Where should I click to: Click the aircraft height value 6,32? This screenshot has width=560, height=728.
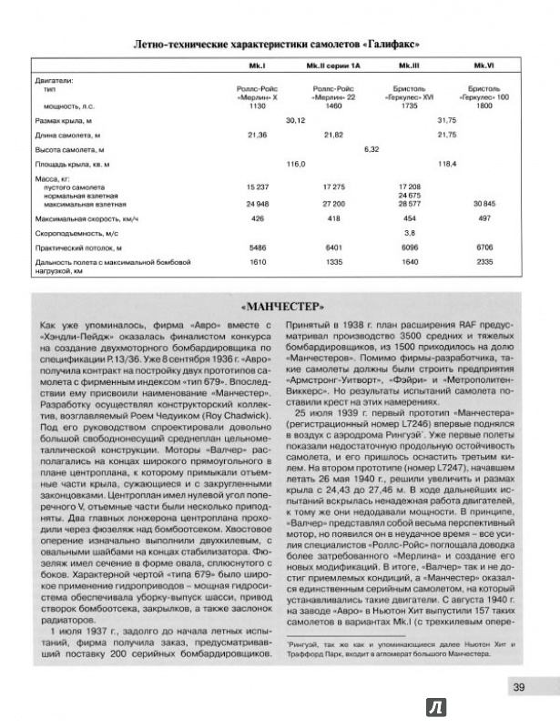[371, 148]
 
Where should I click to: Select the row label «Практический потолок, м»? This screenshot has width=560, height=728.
[76, 248]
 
